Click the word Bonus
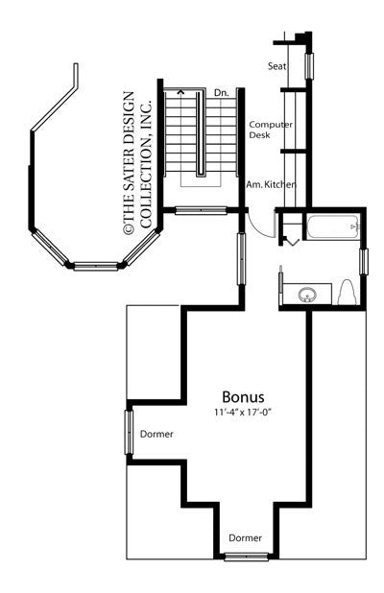243,395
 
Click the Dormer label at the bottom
245,537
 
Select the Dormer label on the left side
156,435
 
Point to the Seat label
277,66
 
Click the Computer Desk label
272,130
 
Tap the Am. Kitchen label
270,183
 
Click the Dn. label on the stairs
221,91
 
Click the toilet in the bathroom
348,291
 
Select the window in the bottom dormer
245,556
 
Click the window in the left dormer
129,435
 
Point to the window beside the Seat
309,66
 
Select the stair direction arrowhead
180,92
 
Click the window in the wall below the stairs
201,210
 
